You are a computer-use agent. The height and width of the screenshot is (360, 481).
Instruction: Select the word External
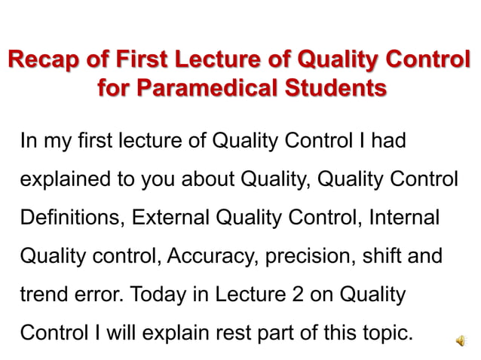[171, 218]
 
